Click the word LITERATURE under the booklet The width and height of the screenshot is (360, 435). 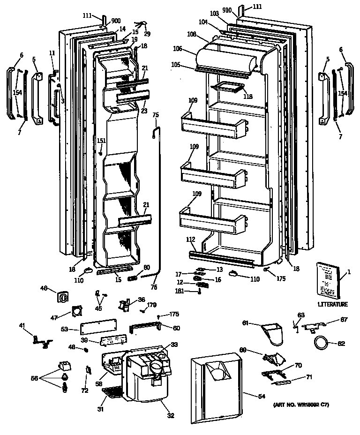tap(332, 304)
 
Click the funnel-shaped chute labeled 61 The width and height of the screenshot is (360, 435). tap(271, 333)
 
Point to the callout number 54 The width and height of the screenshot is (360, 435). tap(261, 396)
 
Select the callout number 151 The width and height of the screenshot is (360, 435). tap(101, 141)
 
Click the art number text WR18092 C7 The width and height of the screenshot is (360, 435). tap(300, 404)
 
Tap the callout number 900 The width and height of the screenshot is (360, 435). tap(116, 22)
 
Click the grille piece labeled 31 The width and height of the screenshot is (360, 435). tap(113, 392)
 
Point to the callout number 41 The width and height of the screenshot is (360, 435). tap(22, 325)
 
